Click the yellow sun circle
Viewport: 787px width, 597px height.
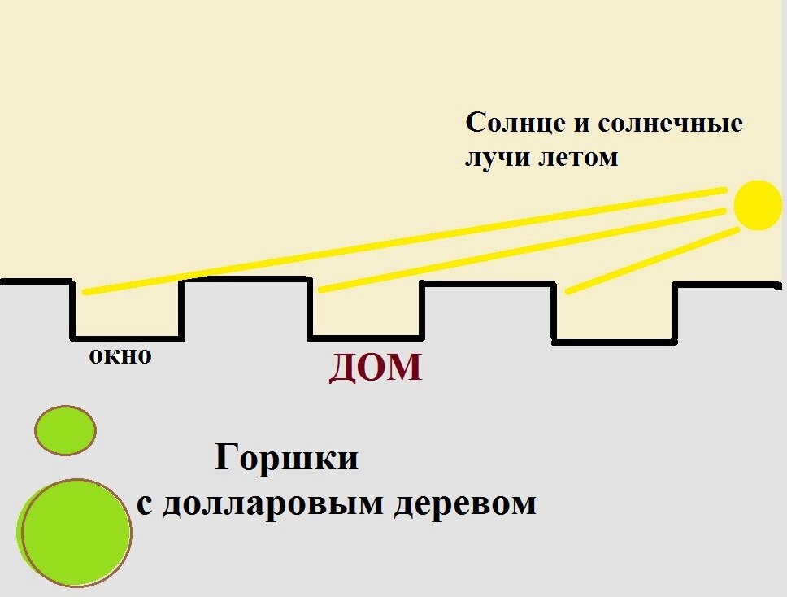tap(759, 206)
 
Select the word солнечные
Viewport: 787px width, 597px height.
tap(671, 124)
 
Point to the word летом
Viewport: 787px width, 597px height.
tap(578, 156)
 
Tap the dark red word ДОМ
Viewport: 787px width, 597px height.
tap(376, 368)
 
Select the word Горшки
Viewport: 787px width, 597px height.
tap(286, 460)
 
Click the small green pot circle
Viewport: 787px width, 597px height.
tap(65, 429)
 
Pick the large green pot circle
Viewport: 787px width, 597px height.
tap(75, 532)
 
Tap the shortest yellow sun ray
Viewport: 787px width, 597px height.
tap(651, 261)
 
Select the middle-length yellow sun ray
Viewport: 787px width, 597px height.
tap(520, 250)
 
